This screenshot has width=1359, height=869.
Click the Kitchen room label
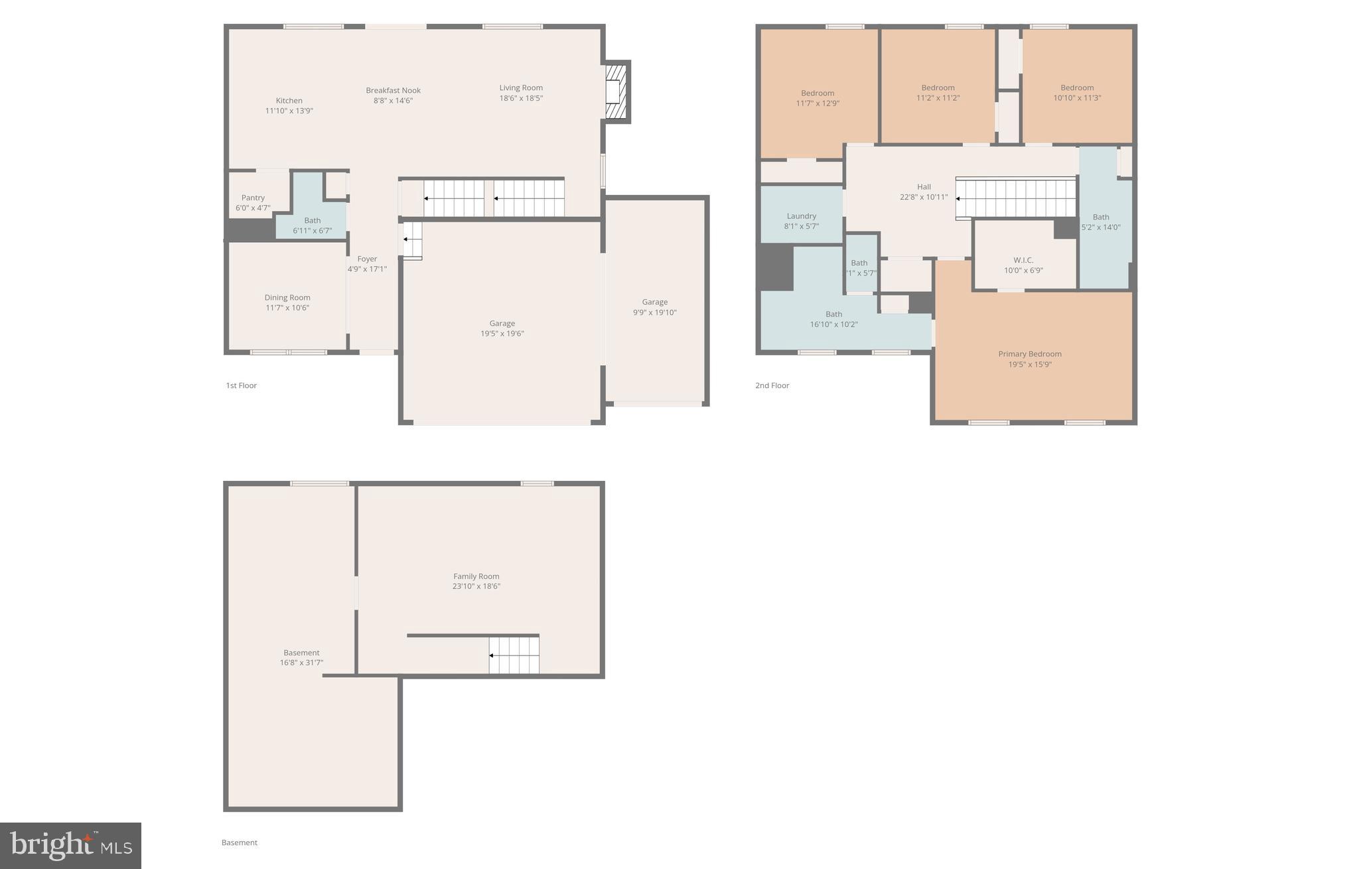click(x=289, y=101)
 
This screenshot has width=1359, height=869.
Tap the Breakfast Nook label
click(x=393, y=90)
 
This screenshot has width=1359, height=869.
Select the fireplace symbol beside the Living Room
click(x=616, y=92)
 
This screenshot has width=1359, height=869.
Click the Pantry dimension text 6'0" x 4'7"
click(x=253, y=208)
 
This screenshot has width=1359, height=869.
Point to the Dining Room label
click(x=287, y=298)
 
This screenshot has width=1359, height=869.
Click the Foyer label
click(x=367, y=259)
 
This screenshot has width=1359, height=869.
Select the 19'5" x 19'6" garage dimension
click(x=502, y=334)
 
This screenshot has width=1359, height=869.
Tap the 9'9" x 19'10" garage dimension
click(x=654, y=312)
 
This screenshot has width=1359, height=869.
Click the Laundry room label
click(x=801, y=216)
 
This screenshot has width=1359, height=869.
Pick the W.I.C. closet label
click(x=1023, y=260)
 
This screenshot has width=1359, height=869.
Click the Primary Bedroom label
click(x=1029, y=354)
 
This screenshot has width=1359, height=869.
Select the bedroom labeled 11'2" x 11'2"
click(x=938, y=93)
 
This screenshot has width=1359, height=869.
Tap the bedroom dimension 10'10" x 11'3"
click(x=1076, y=98)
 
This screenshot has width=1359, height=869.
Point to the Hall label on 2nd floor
click(x=924, y=187)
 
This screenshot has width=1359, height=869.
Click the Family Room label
click(x=476, y=576)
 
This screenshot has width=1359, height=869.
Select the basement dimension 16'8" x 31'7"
click(x=301, y=663)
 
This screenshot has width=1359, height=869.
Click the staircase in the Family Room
click(x=514, y=655)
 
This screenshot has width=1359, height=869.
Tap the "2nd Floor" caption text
click(x=772, y=385)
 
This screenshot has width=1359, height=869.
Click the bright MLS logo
click(x=70, y=846)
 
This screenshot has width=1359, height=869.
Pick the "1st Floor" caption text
click(x=241, y=385)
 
